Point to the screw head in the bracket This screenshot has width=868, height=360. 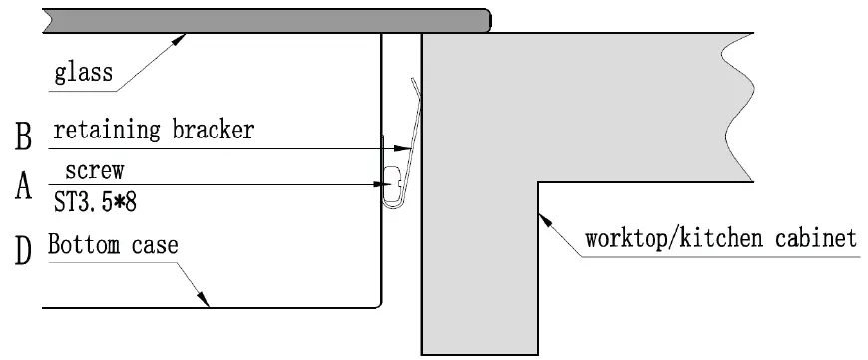coord(393,182)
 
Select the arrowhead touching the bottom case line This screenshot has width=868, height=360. coord(205,299)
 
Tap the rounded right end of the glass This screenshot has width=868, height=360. coord(485,21)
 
